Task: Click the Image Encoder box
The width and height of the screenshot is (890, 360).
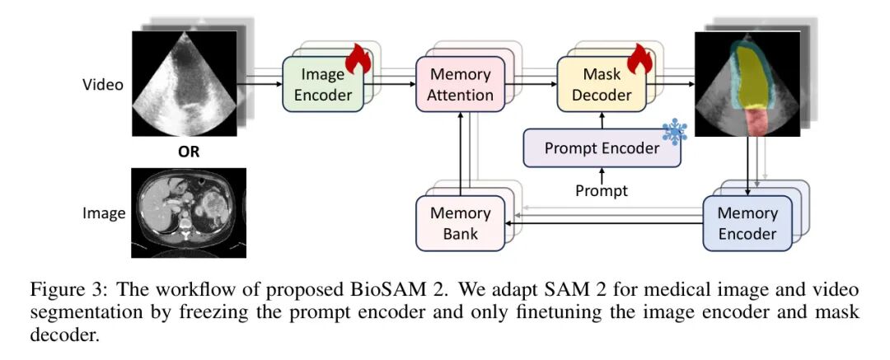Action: click(x=323, y=84)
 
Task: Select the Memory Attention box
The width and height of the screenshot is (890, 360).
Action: click(x=461, y=84)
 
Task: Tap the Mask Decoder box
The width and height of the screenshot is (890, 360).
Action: click(x=602, y=84)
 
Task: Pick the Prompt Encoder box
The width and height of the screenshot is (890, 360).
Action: click(x=602, y=148)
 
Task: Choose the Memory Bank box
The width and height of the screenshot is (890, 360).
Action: click(x=461, y=223)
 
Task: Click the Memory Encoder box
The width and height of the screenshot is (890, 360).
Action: click(x=747, y=223)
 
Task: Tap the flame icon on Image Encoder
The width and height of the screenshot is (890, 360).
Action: click(x=358, y=58)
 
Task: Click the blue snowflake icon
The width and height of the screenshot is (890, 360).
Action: click(x=675, y=133)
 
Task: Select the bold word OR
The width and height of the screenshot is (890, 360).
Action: click(x=189, y=152)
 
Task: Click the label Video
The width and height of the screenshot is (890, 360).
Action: click(x=103, y=85)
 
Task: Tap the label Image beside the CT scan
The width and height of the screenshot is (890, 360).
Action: click(x=104, y=213)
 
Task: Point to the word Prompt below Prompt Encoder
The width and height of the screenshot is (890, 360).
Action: click(x=602, y=190)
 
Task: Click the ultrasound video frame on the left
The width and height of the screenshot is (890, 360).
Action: click(x=185, y=83)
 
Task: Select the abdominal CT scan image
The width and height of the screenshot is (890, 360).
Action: click(x=189, y=213)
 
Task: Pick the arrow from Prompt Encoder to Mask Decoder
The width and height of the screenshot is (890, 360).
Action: click(x=602, y=120)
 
